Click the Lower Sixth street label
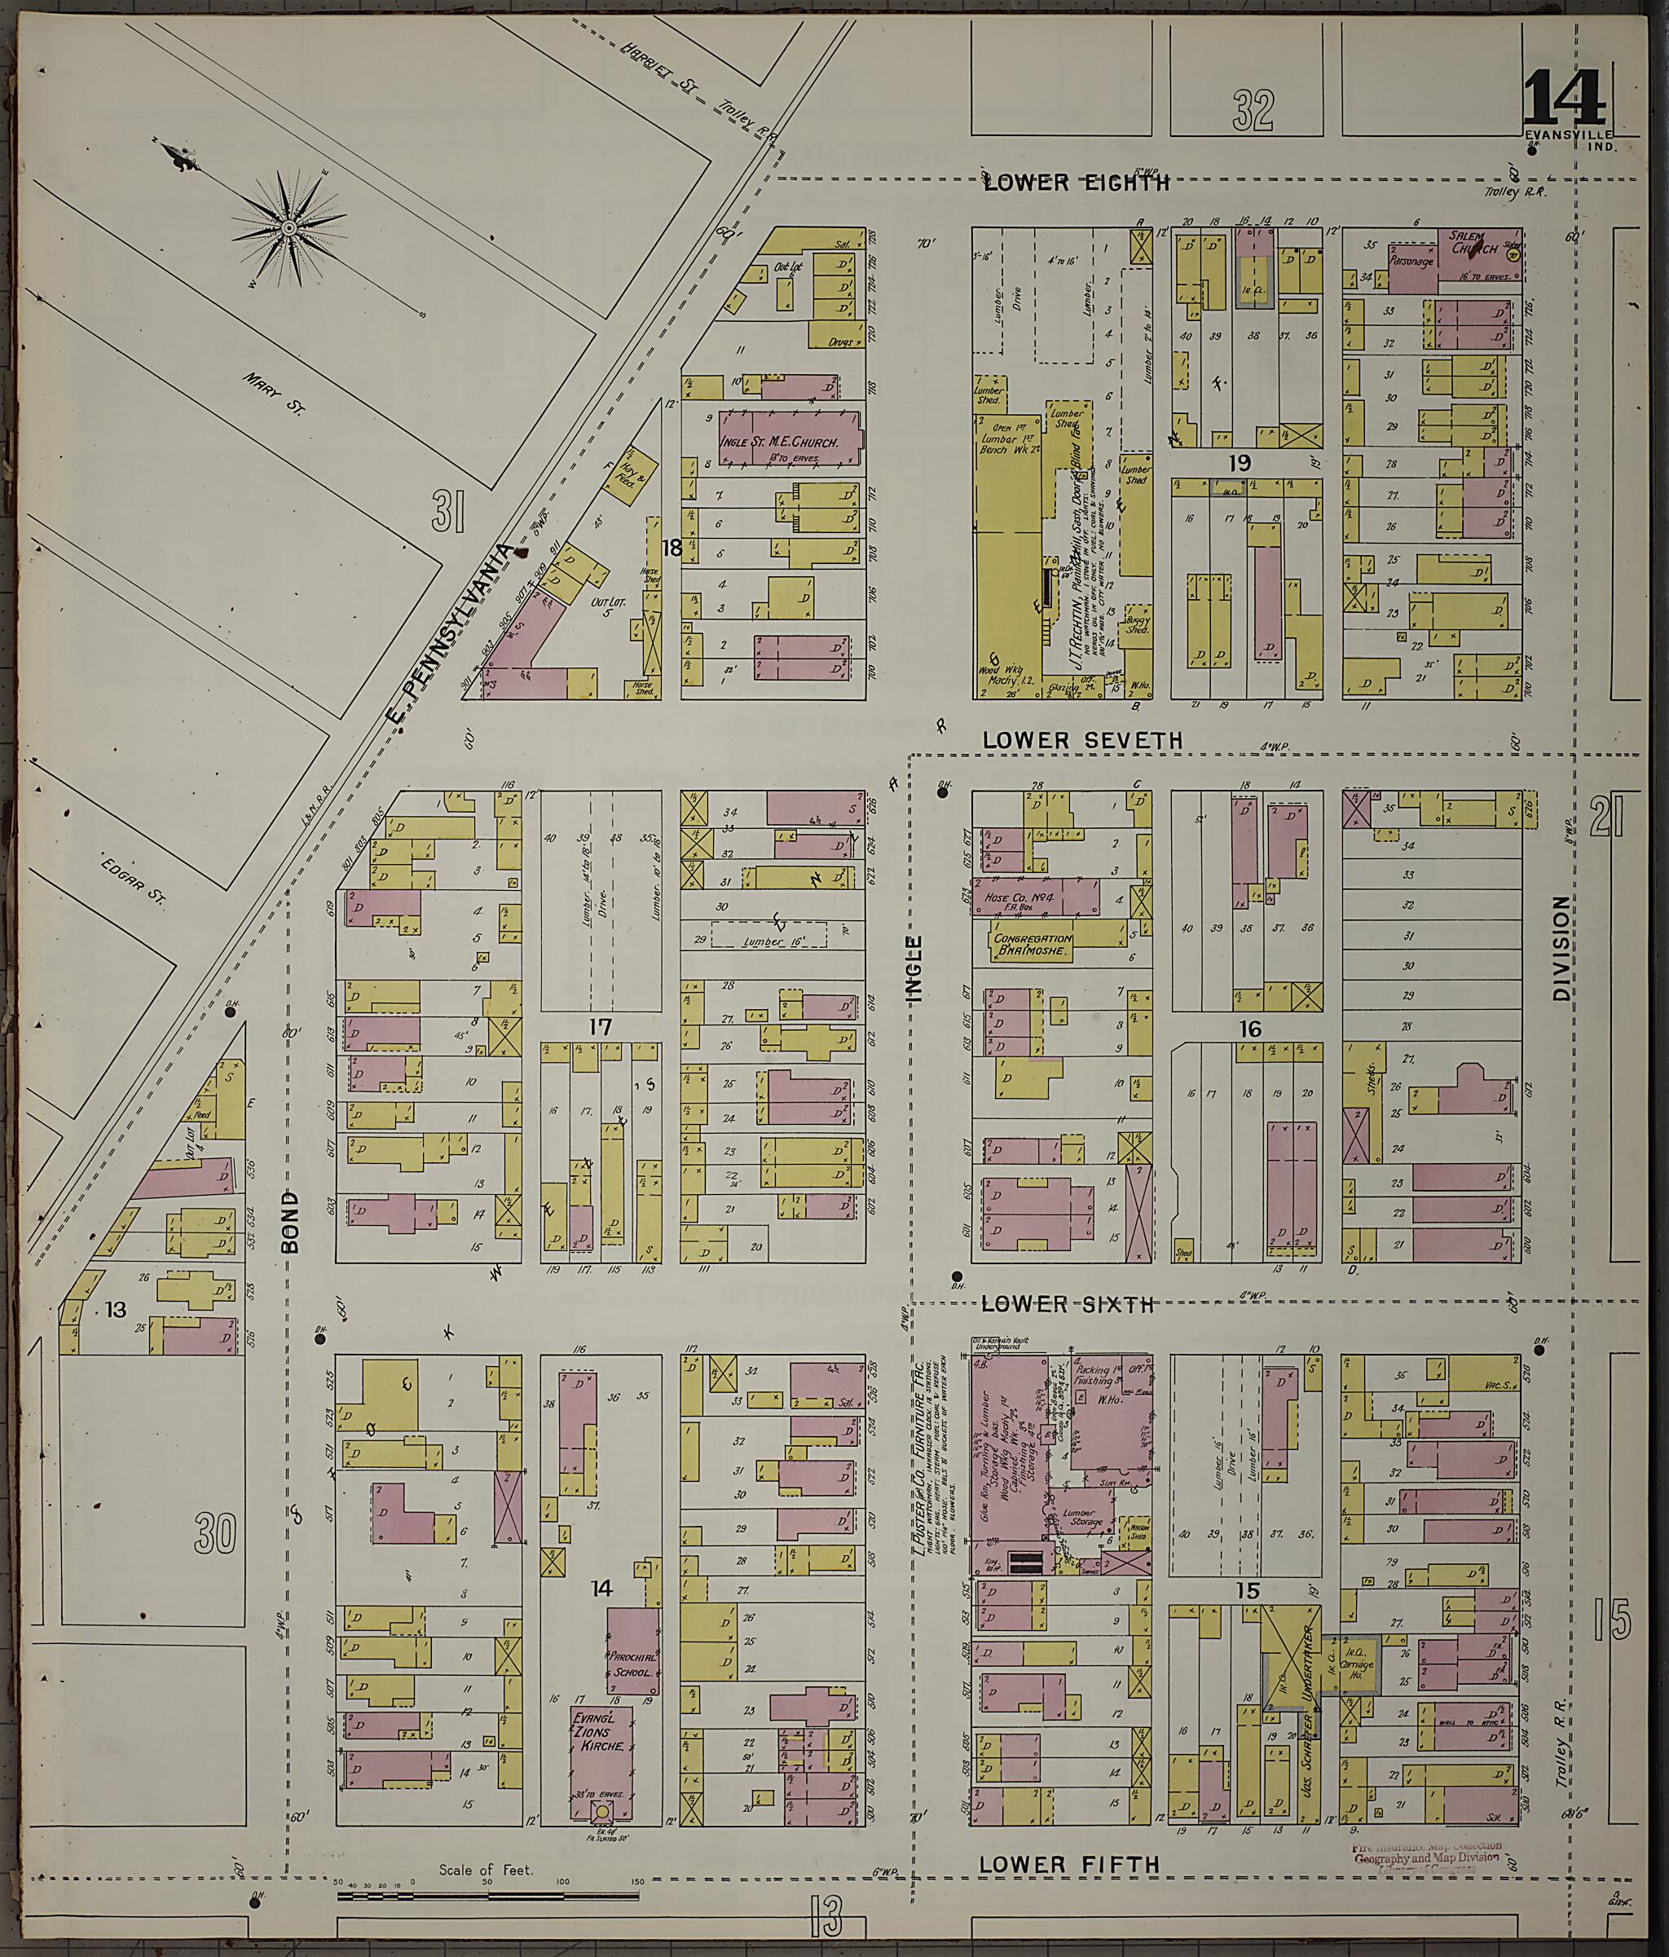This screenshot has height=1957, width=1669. (1068, 1304)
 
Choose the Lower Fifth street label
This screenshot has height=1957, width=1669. (1068, 1864)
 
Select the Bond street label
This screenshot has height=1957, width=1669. (289, 1221)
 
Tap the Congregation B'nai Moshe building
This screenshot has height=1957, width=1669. (1032, 946)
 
